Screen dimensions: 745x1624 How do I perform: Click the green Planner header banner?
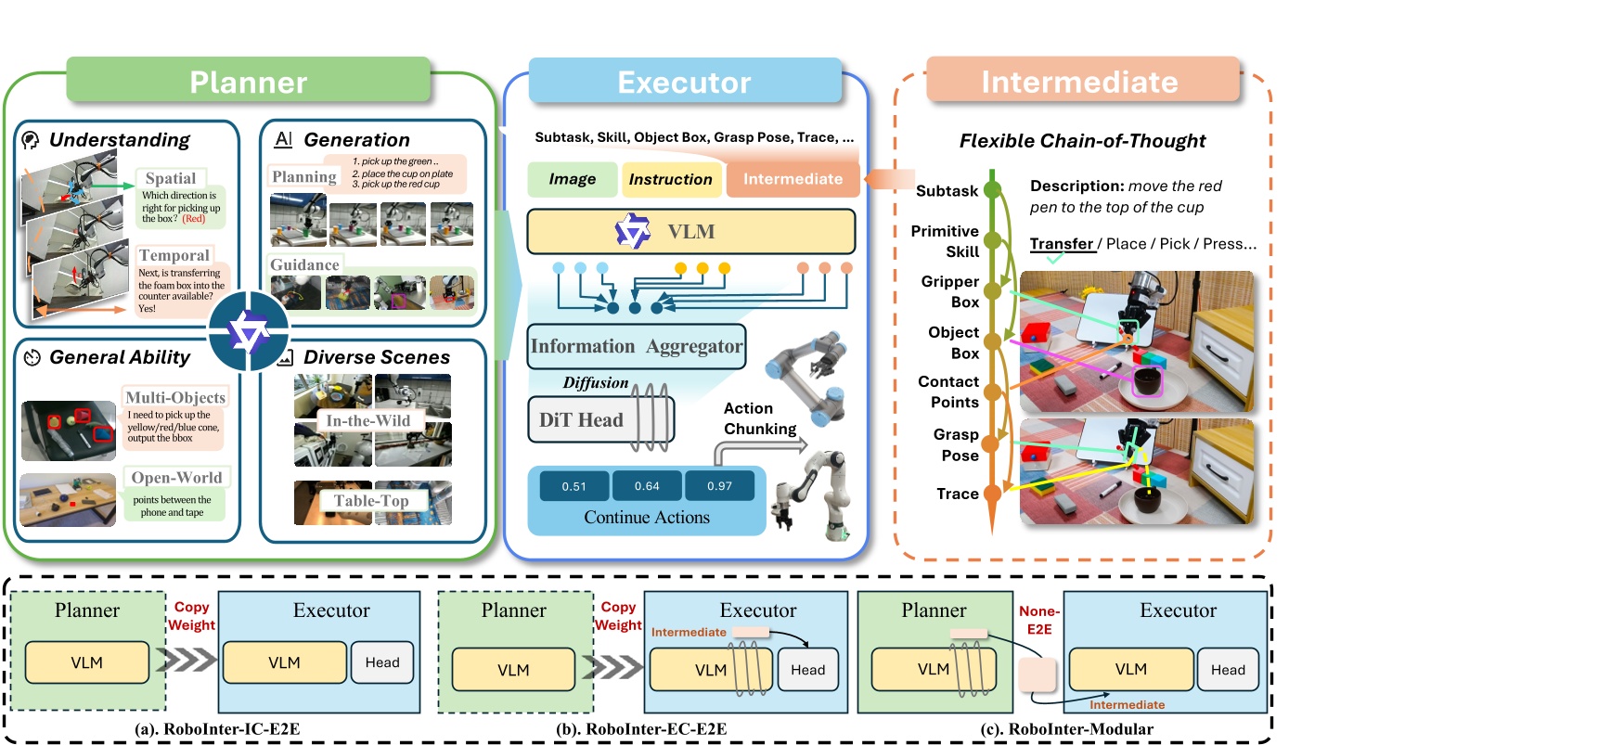pyautogui.click(x=248, y=82)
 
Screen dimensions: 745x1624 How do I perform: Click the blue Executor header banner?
pyautogui.click(x=684, y=82)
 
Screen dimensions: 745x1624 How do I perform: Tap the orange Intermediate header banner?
pyautogui.click(x=1080, y=81)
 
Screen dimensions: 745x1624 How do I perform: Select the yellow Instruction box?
pyautogui.click(x=670, y=179)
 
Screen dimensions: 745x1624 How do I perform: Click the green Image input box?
pyautogui.click(x=572, y=179)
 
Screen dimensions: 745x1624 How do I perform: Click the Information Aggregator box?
pyautogui.click(x=636, y=346)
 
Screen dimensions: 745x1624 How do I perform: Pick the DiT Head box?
pyautogui.click(x=582, y=419)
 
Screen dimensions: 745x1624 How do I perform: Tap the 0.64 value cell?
pyautogui.click(x=647, y=485)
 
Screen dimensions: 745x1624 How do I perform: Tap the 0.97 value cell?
pyautogui.click(x=719, y=485)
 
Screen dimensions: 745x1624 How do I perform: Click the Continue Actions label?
pyautogui.click(x=646, y=518)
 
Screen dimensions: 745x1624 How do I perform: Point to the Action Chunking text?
pyautogui.click(x=759, y=418)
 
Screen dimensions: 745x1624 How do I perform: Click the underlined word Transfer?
pyautogui.click(x=1062, y=244)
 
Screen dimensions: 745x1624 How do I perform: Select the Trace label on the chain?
pyautogui.click(x=957, y=494)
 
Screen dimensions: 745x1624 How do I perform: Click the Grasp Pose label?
pyautogui.click(x=956, y=444)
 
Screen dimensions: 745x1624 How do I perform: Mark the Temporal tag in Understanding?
pyautogui.click(x=174, y=255)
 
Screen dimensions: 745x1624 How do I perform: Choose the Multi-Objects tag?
pyautogui.click(x=174, y=397)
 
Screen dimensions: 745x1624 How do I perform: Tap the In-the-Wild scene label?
pyautogui.click(x=367, y=420)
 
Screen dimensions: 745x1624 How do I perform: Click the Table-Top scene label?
pyautogui.click(x=371, y=501)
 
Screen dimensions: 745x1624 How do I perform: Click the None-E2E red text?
pyautogui.click(x=1038, y=620)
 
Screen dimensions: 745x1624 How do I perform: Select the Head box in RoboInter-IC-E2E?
pyautogui.click(x=382, y=662)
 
